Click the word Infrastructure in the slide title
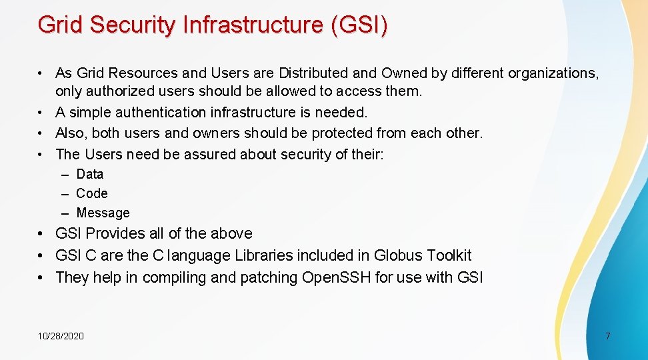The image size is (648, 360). [x=251, y=25]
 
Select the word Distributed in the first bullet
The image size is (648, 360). [x=313, y=73]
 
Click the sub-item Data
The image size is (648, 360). [x=90, y=175]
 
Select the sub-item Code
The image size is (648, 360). [x=92, y=194]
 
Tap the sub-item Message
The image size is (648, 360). [x=103, y=213]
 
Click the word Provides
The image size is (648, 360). [x=115, y=234]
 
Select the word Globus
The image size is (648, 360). [x=398, y=256]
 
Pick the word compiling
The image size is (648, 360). [x=173, y=278]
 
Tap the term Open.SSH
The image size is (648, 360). [x=337, y=278]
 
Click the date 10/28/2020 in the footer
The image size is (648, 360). [x=61, y=336]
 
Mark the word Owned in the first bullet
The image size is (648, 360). [x=402, y=73]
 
